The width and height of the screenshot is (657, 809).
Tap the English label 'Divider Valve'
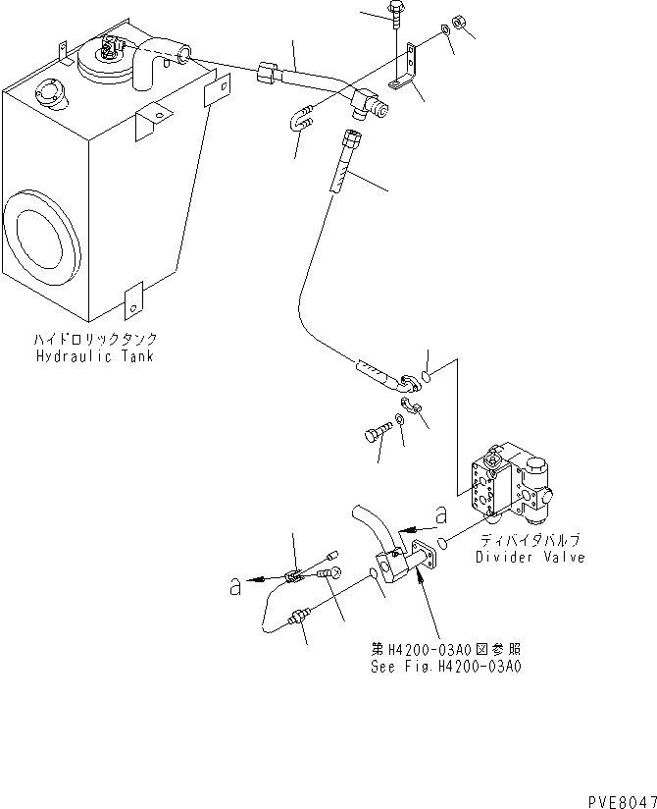click(530, 557)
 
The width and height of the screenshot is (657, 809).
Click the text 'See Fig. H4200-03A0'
click(446, 665)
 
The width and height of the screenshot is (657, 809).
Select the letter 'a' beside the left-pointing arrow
click(235, 586)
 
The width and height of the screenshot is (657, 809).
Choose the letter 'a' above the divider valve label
click(441, 514)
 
